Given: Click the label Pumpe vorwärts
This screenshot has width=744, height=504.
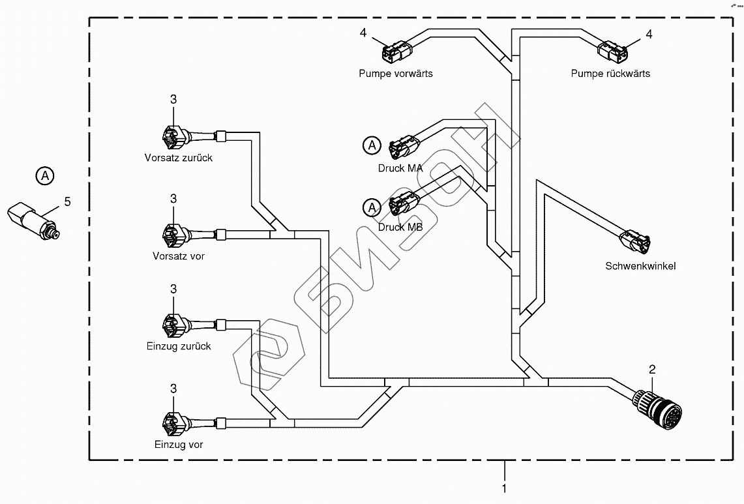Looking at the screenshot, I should click(395, 74).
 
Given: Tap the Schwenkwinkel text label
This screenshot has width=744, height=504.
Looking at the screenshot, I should click(640, 266).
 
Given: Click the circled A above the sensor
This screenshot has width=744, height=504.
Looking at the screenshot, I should click(44, 175).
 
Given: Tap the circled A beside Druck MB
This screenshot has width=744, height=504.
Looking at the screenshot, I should click(371, 207).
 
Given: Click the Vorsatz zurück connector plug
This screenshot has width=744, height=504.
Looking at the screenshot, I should click(173, 137).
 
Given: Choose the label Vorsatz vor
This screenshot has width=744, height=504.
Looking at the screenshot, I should click(178, 256).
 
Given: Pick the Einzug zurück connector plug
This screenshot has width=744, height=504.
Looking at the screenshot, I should click(173, 324).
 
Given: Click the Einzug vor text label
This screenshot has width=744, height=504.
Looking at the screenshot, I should click(178, 445).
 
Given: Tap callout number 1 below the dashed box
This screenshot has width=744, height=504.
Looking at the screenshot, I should click(503, 487).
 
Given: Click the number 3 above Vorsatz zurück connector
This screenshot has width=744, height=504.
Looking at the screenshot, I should click(173, 100).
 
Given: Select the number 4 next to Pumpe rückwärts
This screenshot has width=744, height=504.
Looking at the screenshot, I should click(649, 35).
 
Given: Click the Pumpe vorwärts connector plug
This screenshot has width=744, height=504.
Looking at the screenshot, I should click(396, 50).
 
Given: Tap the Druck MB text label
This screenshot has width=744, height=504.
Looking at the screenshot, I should click(400, 228).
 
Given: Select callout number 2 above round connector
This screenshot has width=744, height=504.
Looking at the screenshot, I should click(652, 370).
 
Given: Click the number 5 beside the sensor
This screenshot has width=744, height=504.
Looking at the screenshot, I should click(67, 202).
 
